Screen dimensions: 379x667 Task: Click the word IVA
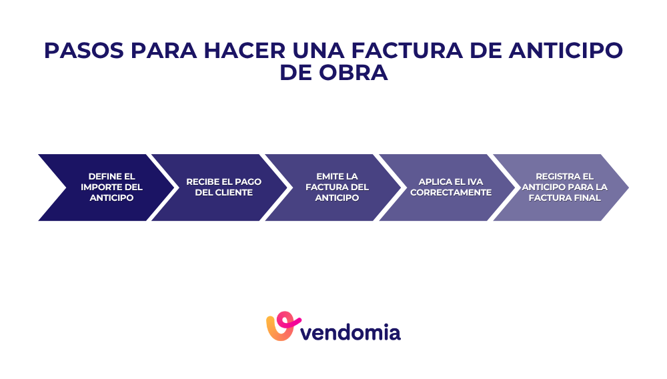coord(474,182)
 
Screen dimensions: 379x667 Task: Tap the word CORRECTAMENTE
coord(451,193)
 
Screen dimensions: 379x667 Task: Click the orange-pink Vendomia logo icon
coord(280,326)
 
